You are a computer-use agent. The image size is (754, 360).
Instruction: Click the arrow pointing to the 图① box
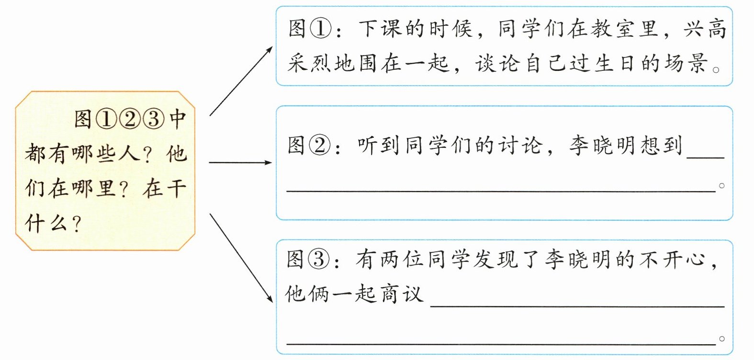click(241, 81)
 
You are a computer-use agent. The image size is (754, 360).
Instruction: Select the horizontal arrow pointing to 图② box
click(240, 163)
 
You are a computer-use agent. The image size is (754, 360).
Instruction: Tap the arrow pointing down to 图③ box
click(241, 259)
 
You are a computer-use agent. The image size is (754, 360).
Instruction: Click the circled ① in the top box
click(321, 28)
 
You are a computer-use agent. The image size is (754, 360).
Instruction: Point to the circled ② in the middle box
click(320, 145)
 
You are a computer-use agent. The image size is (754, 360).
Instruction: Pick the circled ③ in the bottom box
click(319, 259)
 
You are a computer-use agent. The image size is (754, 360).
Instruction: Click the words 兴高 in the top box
click(705, 28)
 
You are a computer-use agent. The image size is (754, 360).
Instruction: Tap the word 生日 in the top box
click(614, 63)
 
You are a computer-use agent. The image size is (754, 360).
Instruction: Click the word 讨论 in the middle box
click(521, 145)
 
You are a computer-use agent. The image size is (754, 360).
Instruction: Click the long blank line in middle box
click(501, 191)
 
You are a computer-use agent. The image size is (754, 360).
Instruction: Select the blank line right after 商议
click(577, 305)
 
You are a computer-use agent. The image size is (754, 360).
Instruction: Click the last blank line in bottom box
click(501, 343)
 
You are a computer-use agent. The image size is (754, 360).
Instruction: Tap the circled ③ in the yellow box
click(153, 119)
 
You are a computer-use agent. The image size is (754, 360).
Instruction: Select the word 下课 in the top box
click(380, 28)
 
